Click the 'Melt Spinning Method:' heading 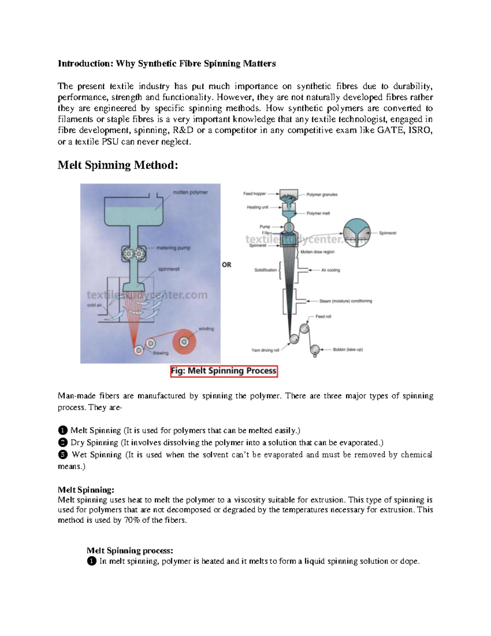[118, 165]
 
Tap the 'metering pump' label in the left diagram [173, 248]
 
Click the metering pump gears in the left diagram [134, 254]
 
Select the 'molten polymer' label [190, 192]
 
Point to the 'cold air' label [95, 305]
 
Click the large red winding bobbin [184, 341]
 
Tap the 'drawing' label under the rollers [160, 353]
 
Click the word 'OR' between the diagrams [226, 265]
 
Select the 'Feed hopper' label [255, 194]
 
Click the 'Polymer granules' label [322, 195]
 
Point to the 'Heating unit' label [257, 207]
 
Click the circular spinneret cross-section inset [356, 232]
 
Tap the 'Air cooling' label [331, 270]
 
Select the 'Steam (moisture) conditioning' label [345, 301]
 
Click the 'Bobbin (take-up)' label [348, 350]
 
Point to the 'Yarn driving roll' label [265, 350]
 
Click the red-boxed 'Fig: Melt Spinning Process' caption [224, 371]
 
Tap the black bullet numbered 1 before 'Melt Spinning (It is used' [63, 430]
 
